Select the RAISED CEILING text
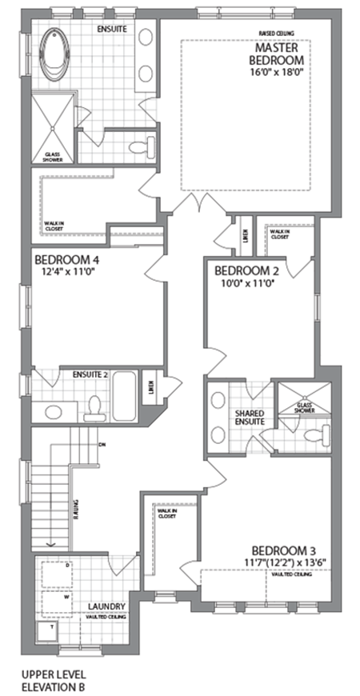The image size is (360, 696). pos(275,34)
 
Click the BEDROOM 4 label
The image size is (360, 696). pos(67,259)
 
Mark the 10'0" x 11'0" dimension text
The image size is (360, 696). pos(245,282)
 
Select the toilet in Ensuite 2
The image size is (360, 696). pos(94,406)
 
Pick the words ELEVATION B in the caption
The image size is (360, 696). pos(54,686)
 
